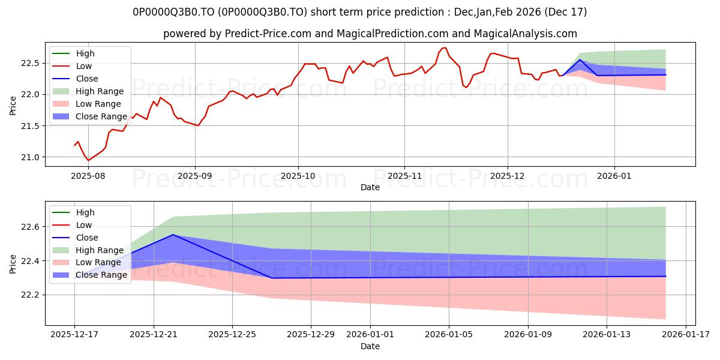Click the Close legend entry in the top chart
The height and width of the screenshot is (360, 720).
point(87,79)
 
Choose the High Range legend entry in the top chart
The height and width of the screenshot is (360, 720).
point(100,91)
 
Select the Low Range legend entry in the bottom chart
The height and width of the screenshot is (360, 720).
point(98,263)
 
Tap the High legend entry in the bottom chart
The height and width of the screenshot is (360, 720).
point(85,212)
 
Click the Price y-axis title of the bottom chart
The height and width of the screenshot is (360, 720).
point(13,263)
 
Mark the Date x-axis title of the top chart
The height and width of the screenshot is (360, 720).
point(370,187)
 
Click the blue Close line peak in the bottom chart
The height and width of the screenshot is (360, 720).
point(173,235)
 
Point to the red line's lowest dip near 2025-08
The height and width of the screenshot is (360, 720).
point(88,160)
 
